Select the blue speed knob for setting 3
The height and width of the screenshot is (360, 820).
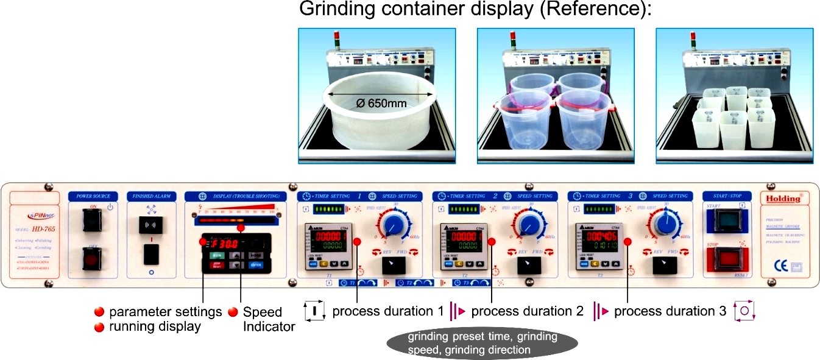tap(666, 225)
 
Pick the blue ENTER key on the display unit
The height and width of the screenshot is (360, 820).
tap(255, 266)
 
